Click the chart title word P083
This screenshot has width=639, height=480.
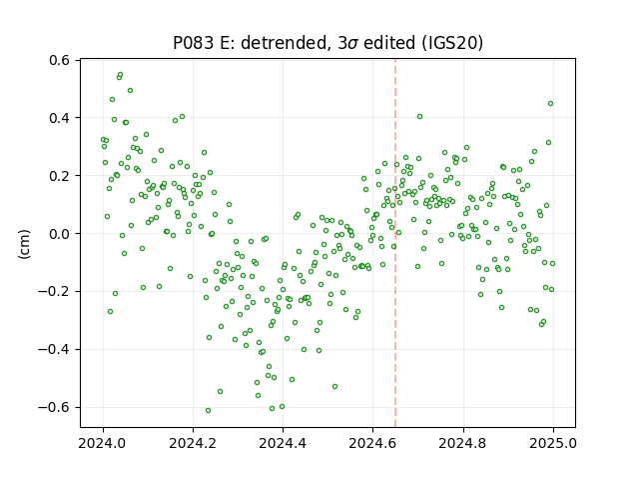click(193, 43)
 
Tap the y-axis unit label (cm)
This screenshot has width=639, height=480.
click(24, 244)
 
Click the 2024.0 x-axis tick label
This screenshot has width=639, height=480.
click(103, 443)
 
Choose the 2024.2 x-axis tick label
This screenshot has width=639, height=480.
click(193, 443)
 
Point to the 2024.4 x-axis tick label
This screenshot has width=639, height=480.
click(283, 443)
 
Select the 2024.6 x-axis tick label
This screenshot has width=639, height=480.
click(372, 443)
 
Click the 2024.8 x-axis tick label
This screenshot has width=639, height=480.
click(463, 443)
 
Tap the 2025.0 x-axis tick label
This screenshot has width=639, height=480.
click(553, 443)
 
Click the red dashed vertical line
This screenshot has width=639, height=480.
click(395, 243)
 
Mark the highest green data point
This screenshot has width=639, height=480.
click(120, 75)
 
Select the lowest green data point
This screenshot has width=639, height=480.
click(209, 410)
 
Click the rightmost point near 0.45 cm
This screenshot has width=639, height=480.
click(550, 104)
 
